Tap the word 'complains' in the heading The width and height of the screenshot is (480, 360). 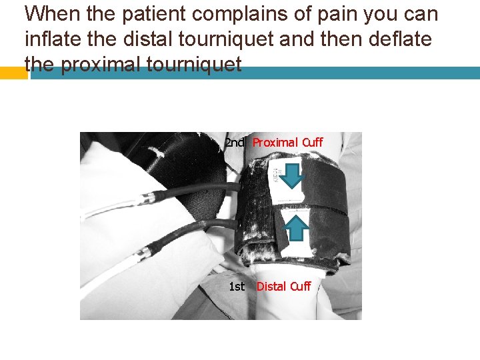pyautogui.click(x=240, y=15)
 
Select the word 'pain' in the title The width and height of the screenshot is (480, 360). pyautogui.click(x=337, y=15)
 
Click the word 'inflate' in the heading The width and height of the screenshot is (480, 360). pyautogui.click(x=53, y=39)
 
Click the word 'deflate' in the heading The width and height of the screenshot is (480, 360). pyautogui.click(x=400, y=39)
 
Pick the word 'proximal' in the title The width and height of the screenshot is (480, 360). pyautogui.click(x=101, y=64)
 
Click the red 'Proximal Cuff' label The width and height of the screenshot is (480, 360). pyautogui.click(x=288, y=143)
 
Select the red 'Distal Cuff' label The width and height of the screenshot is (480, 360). pyautogui.click(x=284, y=287)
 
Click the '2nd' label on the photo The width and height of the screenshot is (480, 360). pyautogui.click(x=235, y=143)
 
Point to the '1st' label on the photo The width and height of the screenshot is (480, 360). pyautogui.click(x=237, y=287)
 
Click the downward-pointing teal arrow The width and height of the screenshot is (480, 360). pyautogui.click(x=292, y=176)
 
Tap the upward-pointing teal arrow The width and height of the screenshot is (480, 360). pyautogui.click(x=296, y=227)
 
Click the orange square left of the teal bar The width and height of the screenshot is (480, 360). pyautogui.click(x=14, y=73)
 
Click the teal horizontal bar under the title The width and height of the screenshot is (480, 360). pyautogui.click(x=255, y=73)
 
